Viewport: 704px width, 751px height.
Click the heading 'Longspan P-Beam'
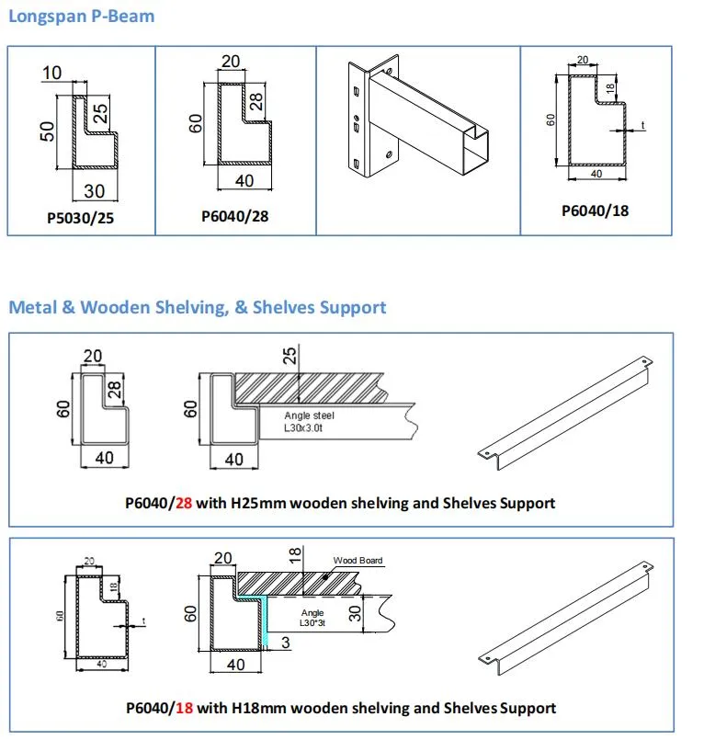click(x=82, y=17)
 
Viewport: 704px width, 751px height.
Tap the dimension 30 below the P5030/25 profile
click(x=95, y=191)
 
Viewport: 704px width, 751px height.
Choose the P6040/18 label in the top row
click(x=595, y=211)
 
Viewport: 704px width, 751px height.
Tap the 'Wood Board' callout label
click(x=358, y=560)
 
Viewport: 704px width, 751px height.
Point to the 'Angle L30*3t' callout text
click(x=318, y=618)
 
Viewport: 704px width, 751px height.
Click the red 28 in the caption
click(x=184, y=503)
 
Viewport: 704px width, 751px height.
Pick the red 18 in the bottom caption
click(x=184, y=708)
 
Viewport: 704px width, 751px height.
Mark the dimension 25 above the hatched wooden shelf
click(x=291, y=357)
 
